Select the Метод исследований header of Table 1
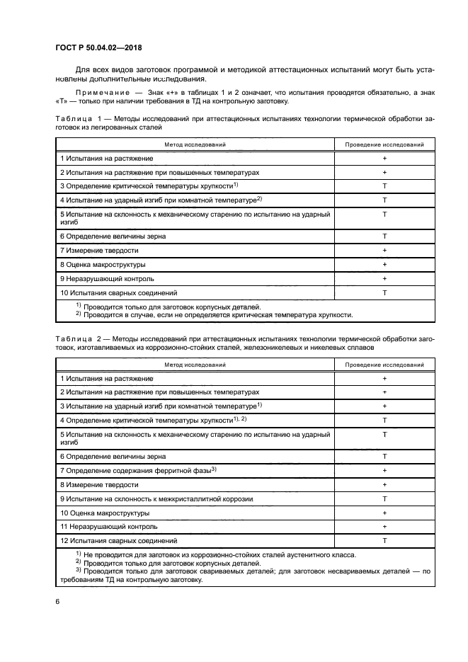point(195,144)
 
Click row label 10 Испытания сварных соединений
point(118,292)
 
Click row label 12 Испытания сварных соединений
point(118,540)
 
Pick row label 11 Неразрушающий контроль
point(108,526)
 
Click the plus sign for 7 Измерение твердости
point(384,251)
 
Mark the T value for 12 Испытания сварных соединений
point(384,540)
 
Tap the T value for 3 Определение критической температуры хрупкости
point(384,186)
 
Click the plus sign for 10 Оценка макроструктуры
point(384,513)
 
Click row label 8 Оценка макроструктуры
point(103,264)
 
